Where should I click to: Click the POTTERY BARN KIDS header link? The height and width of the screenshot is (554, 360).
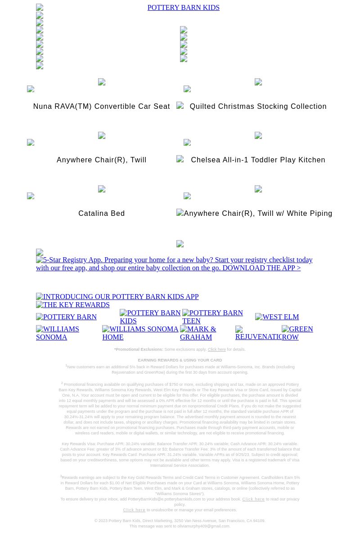pyautogui.click(x=183, y=8)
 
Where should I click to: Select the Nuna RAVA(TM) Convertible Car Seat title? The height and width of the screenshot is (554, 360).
pyautogui.click(x=101, y=107)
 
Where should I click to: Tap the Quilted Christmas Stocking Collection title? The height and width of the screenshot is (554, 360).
pyautogui.click(x=258, y=107)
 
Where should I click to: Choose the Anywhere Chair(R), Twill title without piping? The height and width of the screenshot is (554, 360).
pyautogui.click(x=101, y=160)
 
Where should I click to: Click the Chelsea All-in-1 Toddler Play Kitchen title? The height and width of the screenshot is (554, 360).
pyautogui.click(x=258, y=160)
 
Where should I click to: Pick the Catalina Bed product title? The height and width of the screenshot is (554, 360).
pyautogui.click(x=101, y=214)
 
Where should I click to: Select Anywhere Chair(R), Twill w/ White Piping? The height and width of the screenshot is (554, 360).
pyautogui.click(x=258, y=214)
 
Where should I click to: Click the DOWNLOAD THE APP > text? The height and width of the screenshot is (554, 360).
pyautogui.click(x=261, y=268)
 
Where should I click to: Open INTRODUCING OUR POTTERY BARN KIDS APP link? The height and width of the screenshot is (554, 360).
pyautogui.click(x=117, y=297)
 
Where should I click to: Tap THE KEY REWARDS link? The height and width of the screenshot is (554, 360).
pyautogui.click(x=73, y=305)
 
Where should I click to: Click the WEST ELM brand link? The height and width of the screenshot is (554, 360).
pyautogui.click(x=277, y=317)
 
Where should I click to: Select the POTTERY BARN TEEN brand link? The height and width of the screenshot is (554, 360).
pyautogui.click(x=212, y=317)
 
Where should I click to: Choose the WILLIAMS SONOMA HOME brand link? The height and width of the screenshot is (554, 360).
pyautogui.click(x=140, y=333)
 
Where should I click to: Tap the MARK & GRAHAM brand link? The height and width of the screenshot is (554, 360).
pyautogui.click(x=198, y=333)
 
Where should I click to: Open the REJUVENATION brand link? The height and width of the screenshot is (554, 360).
pyautogui.click(x=258, y=336)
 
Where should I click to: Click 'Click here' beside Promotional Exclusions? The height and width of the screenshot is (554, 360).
pyautogui.click(x=216, y=349)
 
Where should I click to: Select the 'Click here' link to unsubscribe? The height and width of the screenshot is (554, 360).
pyautogui.click(x=134, y=510)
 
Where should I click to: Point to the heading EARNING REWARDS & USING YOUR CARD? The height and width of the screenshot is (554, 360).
pyautogui.click(x=180, y=360)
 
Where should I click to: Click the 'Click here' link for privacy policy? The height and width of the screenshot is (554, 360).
pyautogui.click(x=253, y=499)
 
